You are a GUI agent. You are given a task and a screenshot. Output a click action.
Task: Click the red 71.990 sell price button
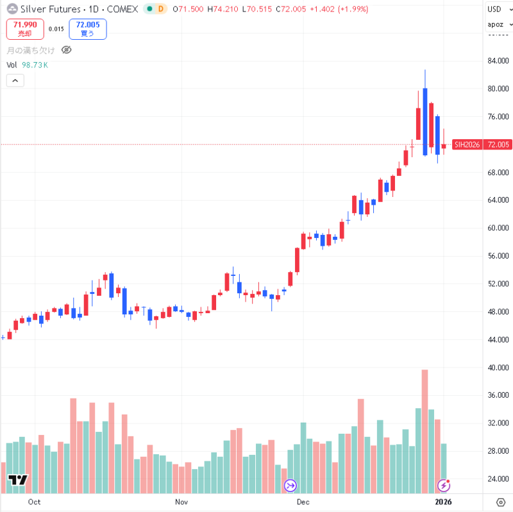coord(25,28)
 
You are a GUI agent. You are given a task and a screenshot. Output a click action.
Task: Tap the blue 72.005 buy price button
coord(88,28)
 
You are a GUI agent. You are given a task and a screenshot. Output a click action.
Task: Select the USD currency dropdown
coord(494,9)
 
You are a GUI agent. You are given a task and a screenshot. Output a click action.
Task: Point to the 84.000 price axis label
coord(498,61)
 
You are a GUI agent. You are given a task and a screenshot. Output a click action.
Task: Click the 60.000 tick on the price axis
coord(498,228)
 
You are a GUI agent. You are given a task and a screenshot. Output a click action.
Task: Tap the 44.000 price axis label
coord(498,339)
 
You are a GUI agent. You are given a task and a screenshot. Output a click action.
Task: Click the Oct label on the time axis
coord(35,502)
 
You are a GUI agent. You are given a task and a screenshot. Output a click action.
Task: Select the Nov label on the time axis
coord(181,502)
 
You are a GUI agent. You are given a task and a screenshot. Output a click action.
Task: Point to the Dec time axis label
coord(303,502)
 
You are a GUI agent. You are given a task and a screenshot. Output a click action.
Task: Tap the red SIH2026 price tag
coord(467,145)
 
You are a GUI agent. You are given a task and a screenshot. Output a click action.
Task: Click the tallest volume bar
coord(425,423)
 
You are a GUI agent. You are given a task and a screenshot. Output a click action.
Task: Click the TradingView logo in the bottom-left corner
coord(17,480)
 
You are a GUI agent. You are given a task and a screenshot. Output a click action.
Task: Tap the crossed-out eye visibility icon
coord(66,50)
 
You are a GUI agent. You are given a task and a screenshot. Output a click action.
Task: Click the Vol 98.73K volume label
coord(27,65)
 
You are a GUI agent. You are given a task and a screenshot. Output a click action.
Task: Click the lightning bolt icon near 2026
coord(443,485)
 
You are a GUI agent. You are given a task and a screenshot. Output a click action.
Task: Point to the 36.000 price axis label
coord(498,395)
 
